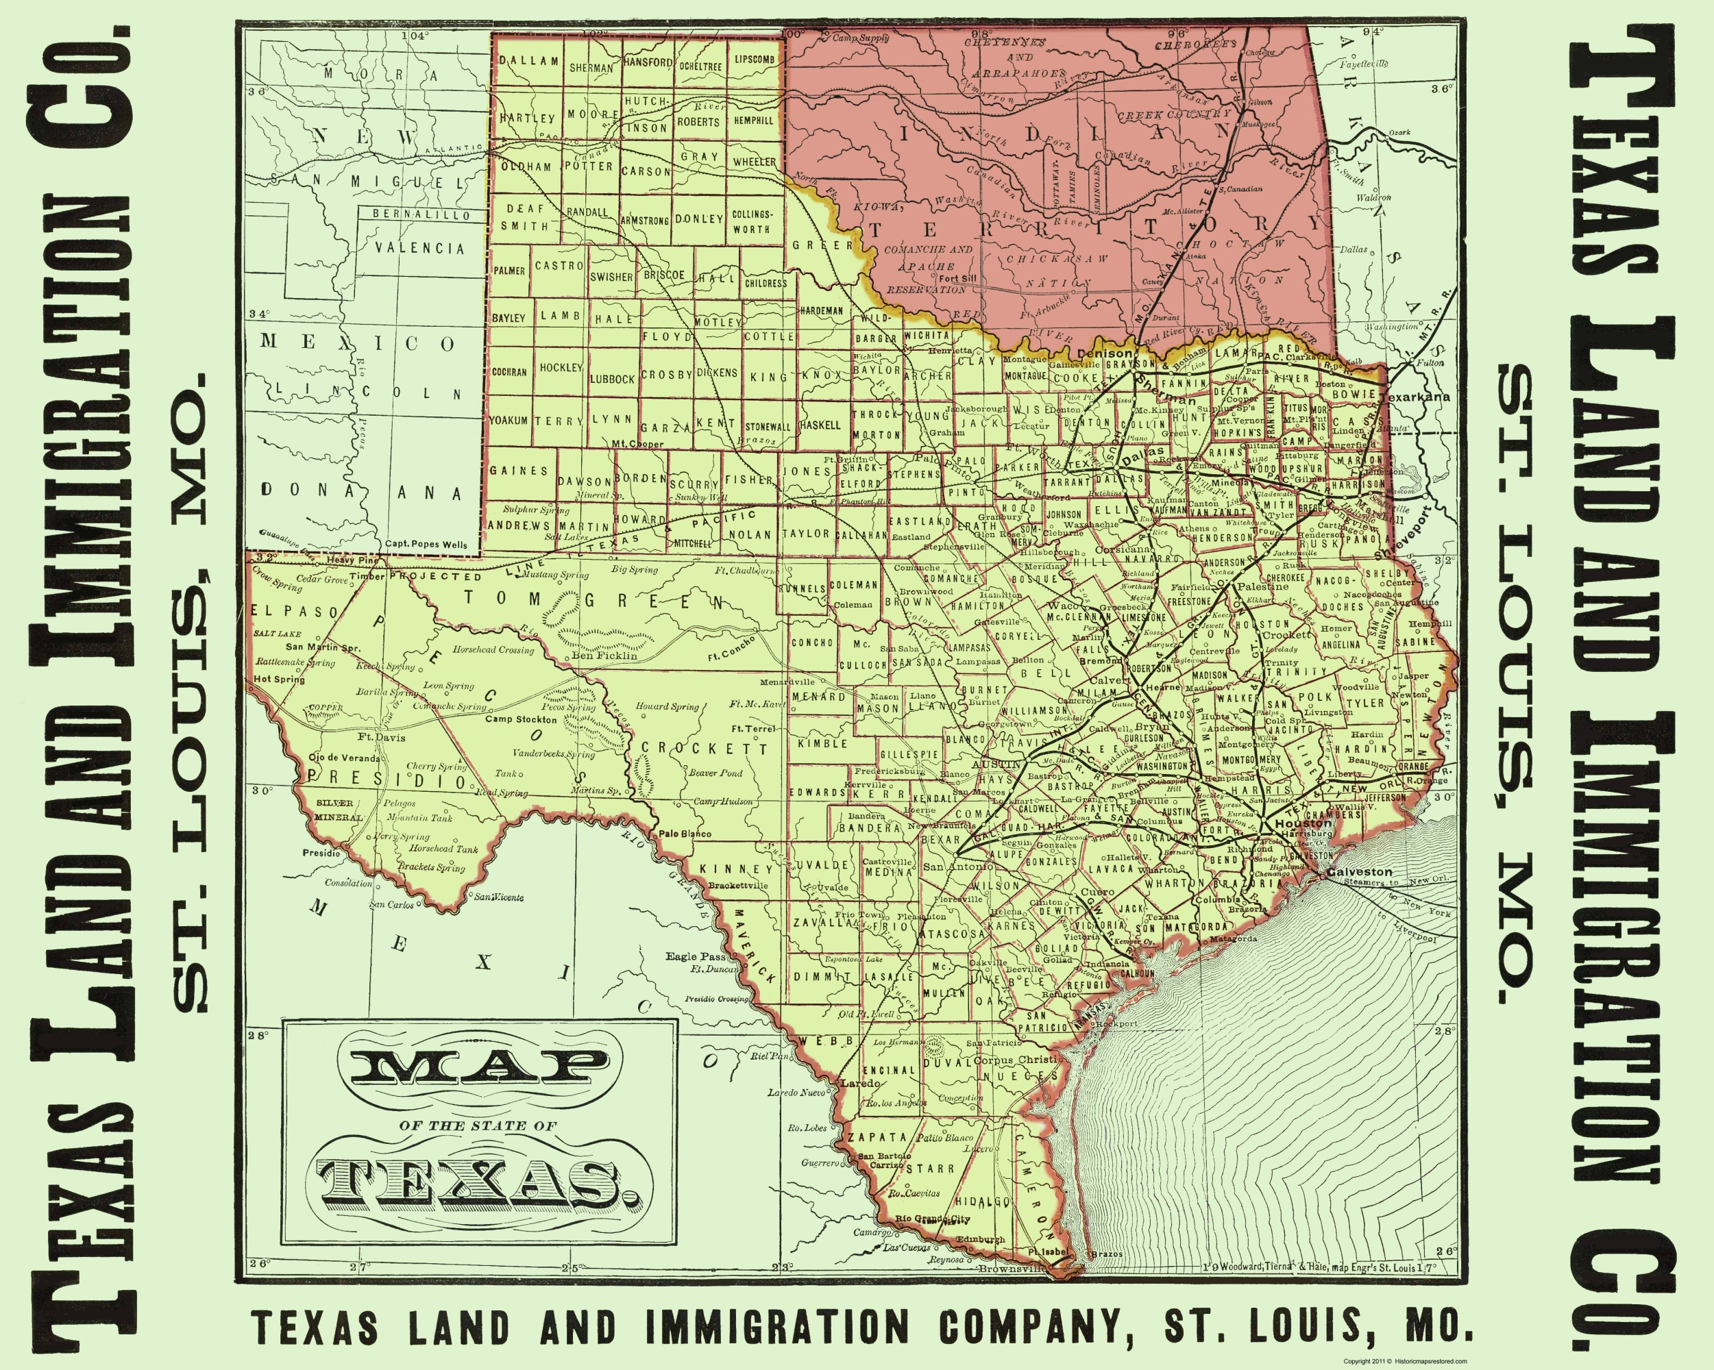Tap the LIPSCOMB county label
pyautogui.click(x=754, y=60)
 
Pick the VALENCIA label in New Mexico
pyautogui.click(x=419, y=248)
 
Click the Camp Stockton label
pyautogui.click(x=522, y=720)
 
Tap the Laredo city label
pyautogui.click(x=860, y=1083)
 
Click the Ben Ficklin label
pyautogui.click(x=604, y=656)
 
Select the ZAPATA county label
pyautogui.click(x=877, y=1138)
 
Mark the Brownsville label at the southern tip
pyautogui.click(x=1012, y=1269)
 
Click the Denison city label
pyautogui.click(x=1105, y=353)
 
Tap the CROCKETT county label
pyautogui.click(x=705, y=749)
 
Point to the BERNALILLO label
pyautogui.click(x=421, y=214)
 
